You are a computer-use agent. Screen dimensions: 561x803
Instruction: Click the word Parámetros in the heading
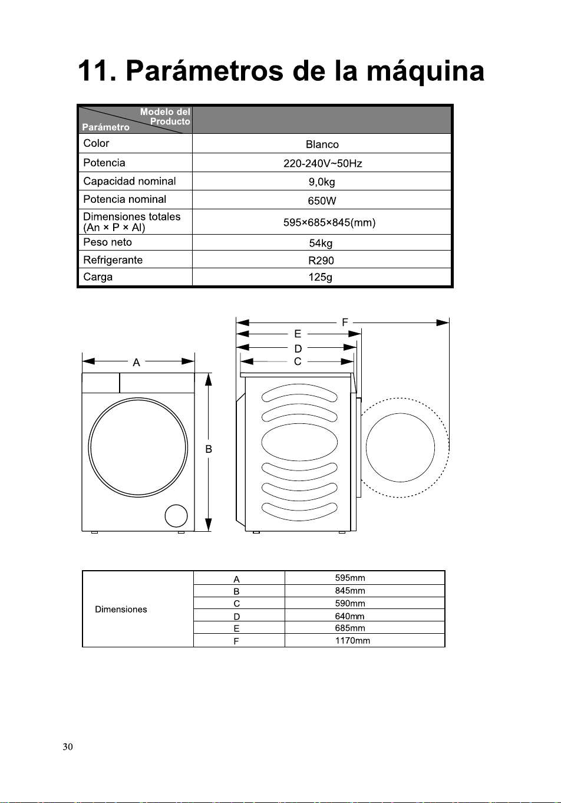coord(204,71)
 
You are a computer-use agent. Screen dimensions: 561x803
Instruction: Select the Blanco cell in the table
coord(322,144)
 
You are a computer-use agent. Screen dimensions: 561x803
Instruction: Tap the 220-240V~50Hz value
coord(322,164)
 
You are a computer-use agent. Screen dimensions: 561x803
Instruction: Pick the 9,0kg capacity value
coord(322,182)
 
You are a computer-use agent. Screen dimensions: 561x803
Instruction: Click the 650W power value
coord(322,200)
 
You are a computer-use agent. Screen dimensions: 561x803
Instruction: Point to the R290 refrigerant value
coord(321,261)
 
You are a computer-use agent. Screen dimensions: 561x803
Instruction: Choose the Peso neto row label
coord(107,242)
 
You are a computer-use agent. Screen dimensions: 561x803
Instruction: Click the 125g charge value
coord(320,277)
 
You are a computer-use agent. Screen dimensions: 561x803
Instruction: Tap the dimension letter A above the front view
coord(136,363)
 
